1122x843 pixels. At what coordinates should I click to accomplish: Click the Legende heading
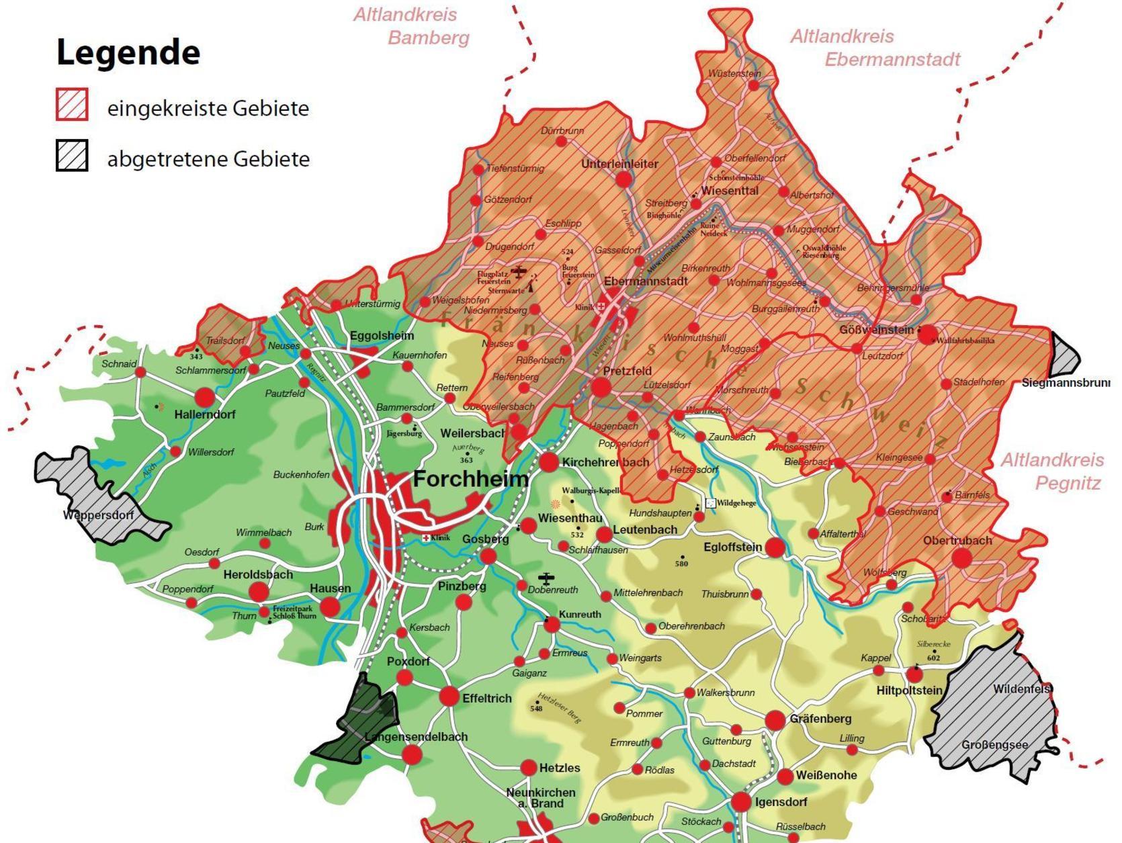click(x=128, y=52)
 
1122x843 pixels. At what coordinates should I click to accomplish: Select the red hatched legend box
click(x=72, y=105)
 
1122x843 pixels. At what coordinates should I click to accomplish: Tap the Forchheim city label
click(x=470, y=479)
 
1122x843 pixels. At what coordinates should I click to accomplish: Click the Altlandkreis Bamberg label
click(x=411, y=26)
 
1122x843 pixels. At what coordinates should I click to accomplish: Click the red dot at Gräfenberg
click(x=775, y=720)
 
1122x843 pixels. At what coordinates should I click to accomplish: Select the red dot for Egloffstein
click(x=775, y=547)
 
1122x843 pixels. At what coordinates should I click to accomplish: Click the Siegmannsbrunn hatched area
click(x=1064, y=355)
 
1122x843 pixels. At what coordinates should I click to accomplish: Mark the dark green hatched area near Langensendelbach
click(x=359, y=722)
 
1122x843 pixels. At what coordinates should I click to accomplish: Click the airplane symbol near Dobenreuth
click(x=546, y=578)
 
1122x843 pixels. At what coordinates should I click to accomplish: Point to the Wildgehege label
click(x=736, y=502)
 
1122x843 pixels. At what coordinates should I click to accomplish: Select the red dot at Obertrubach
click(x=961, y=558)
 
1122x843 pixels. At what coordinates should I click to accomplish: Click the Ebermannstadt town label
click(x=646, y=281)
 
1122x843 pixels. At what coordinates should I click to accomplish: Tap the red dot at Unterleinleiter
click(x=623, y=179)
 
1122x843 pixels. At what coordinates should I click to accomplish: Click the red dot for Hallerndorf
click(x=204, y=396)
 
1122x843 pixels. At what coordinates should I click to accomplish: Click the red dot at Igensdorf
click(x=741, y=801)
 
